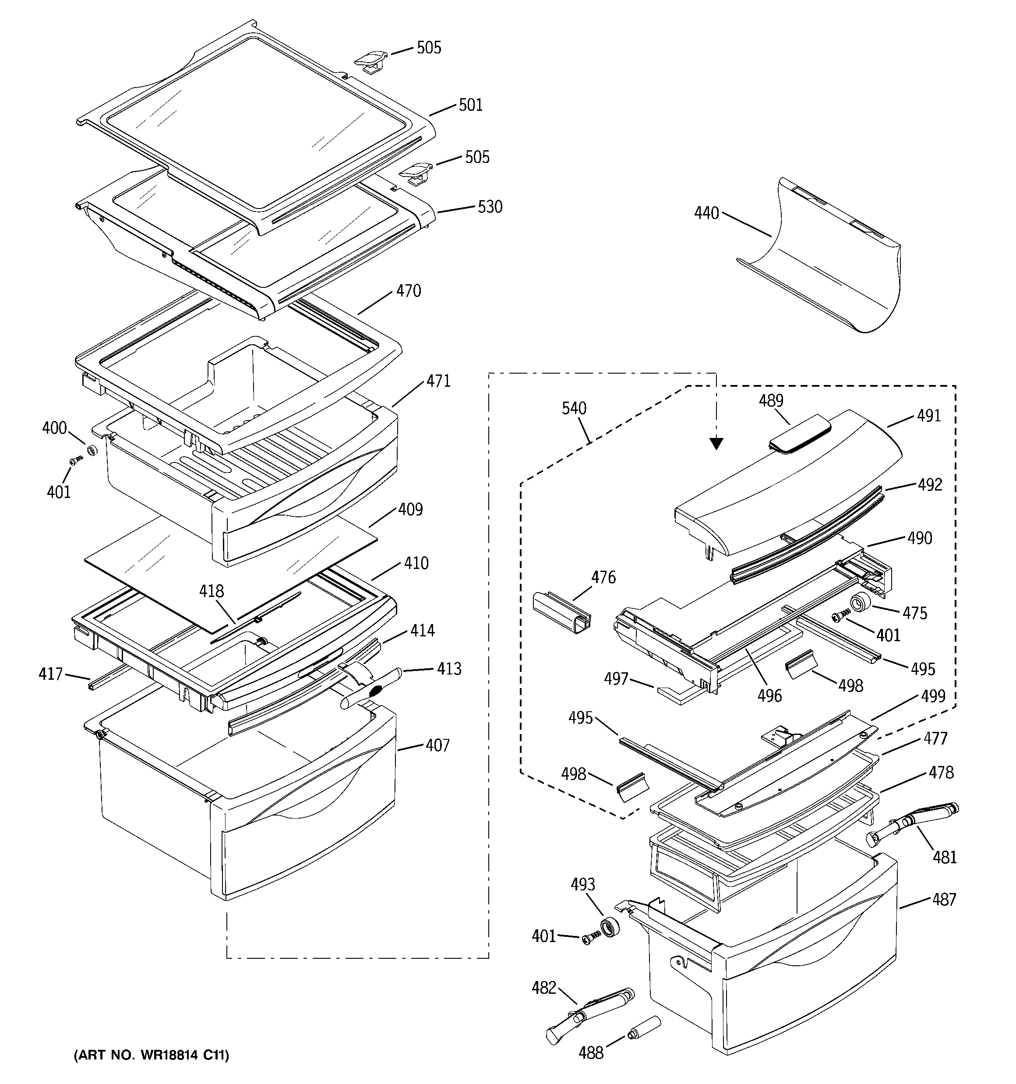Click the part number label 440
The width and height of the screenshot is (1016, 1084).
(x=706, y=213)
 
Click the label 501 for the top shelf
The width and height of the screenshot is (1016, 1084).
(x=471, y=105)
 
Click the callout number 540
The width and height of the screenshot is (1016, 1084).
(x=574, y=408)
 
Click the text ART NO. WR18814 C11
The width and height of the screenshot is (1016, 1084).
(x=152, y=1055)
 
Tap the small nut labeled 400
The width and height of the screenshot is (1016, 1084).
(x=92, y=450)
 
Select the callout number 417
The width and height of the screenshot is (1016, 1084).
(x=50, y=674)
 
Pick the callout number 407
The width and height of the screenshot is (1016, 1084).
(x=438, y=745)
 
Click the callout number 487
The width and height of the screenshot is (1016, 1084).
(x=944, y=899)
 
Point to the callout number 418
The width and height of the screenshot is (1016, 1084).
(x=212, y=591)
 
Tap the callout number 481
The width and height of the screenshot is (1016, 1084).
(x=945, y=857)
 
